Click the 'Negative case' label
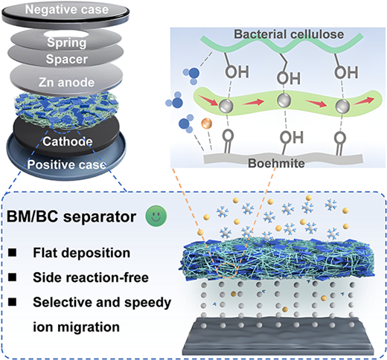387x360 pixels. [67, 10]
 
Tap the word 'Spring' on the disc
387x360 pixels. [67, 43]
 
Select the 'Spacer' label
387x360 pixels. [67, 60]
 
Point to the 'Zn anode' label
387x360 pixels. [66, 83]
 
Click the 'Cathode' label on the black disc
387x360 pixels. [68, 141]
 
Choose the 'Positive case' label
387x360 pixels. [66, 164]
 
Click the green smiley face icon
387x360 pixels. [156, 216]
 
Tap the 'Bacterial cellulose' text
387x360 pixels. [289, 34]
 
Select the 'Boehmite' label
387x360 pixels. [276, 163]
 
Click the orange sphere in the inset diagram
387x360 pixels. [207, 123]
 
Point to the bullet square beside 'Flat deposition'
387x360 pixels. [13, 253]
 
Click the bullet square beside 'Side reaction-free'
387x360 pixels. [13, 277]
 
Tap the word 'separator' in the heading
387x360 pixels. [100, 216]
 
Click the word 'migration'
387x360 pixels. [89, 327]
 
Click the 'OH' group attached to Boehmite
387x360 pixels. [292, 137]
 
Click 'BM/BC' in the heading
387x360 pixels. [33, 216]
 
